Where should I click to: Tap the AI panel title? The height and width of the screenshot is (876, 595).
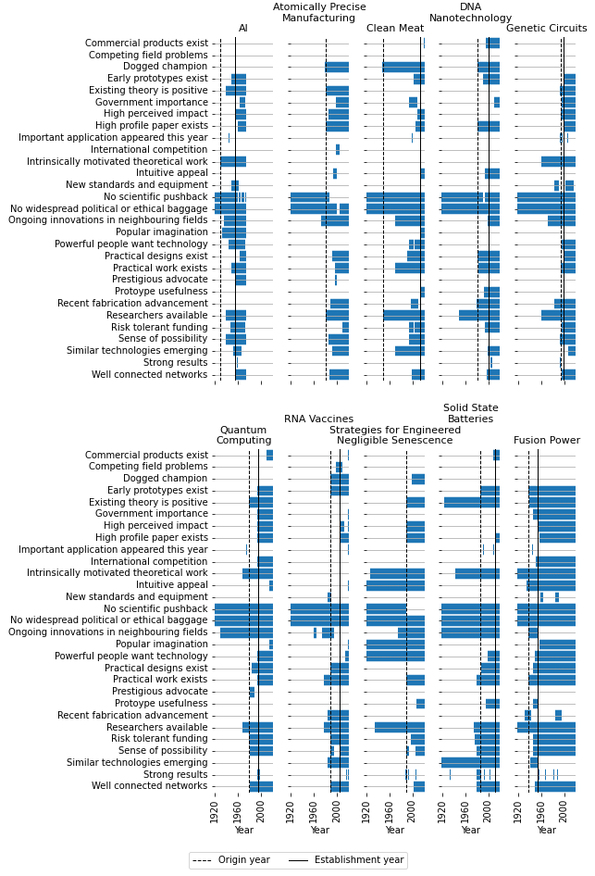[243, 29]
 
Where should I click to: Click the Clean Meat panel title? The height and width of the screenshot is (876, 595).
[395, 29]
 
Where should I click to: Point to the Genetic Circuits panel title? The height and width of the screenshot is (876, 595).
[546, 29]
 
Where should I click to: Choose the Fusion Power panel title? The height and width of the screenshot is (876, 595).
[546, 441]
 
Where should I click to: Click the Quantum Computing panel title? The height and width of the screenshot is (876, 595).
[243, 435]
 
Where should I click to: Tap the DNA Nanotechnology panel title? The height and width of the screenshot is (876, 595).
[470, 13]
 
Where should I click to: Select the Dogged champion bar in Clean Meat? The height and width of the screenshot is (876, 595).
[403, 67]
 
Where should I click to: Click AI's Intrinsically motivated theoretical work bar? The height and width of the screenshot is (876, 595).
[233, 161]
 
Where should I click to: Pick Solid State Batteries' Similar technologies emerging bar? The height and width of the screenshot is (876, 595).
[470, 762]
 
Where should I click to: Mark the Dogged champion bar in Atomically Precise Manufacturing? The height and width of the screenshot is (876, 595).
[337, 67]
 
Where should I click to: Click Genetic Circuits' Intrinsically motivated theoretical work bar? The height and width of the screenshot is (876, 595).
[558, 161]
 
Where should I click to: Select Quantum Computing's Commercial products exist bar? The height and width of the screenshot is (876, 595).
[269, 455]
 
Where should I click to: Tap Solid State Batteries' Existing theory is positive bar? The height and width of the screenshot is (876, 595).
[472, 502]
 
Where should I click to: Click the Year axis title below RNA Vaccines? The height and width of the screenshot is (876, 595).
[319, 831]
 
